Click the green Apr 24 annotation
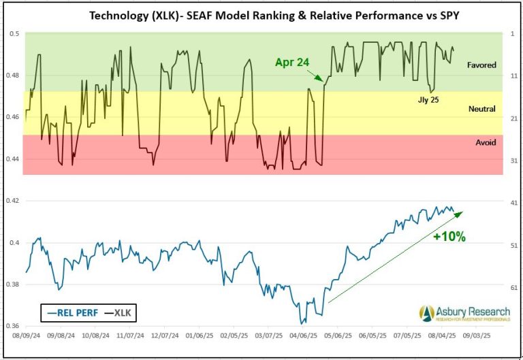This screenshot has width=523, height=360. (x=292, y=62)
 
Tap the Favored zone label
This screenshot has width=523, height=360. (x=481, y=65)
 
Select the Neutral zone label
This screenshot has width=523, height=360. (x=481, y=109)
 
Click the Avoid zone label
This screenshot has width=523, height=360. (x=486, y=142)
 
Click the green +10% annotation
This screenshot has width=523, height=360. (x=449, y=237)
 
